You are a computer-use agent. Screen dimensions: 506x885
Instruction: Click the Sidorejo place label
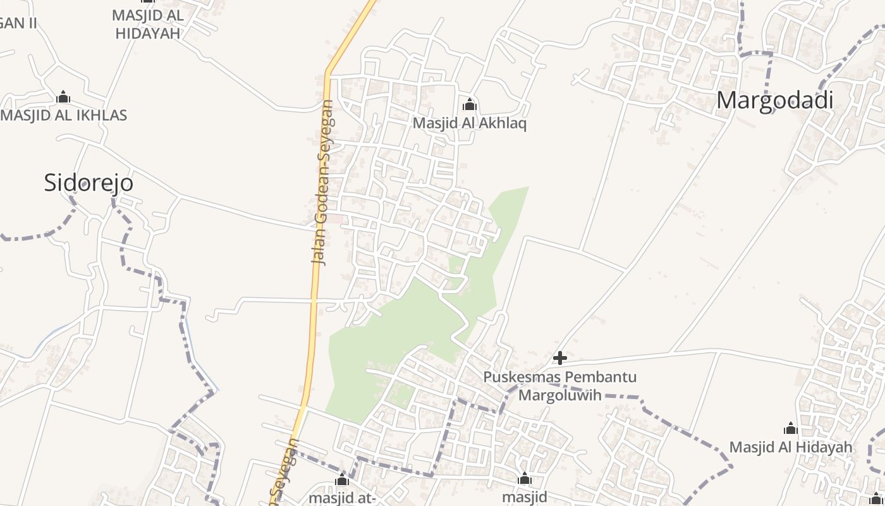click(x=88, y=183)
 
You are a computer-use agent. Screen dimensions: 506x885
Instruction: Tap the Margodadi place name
click(x=774, y=101)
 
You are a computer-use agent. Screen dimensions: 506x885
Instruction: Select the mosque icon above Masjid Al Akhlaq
click(x=469, y=104)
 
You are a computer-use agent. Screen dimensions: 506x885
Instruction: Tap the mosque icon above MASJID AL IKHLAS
click(x=63, y=97)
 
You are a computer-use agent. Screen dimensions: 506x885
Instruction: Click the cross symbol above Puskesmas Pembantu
click(x=559, y=359)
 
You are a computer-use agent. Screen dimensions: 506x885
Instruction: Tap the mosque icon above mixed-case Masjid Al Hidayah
click(x=791, y=429)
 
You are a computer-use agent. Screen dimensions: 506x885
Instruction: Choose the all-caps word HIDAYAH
click(x=148, y=34)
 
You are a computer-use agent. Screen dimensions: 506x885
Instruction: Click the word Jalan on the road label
click(x=319, y=250)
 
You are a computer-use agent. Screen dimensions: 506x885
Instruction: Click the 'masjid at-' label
click(x=342, y=497)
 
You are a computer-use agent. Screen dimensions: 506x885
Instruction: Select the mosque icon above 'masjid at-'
click(x=342, y=479)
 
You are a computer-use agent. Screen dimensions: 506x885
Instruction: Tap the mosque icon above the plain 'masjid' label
click(x=524, y=479)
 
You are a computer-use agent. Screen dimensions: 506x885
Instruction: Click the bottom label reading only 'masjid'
click(x=524, y=497)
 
